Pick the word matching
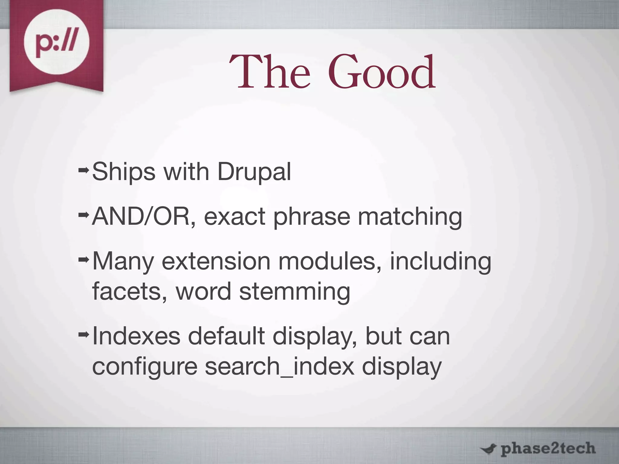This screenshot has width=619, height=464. click(x=410, y=217)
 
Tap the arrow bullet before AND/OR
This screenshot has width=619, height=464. click(x=83, y=215)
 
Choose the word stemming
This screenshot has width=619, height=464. click(x=295, y=292)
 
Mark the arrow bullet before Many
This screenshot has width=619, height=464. click(x=83, y=259)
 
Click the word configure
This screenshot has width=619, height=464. click(x=145, y=367)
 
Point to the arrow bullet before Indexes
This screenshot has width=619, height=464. click(x=83, y=334)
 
